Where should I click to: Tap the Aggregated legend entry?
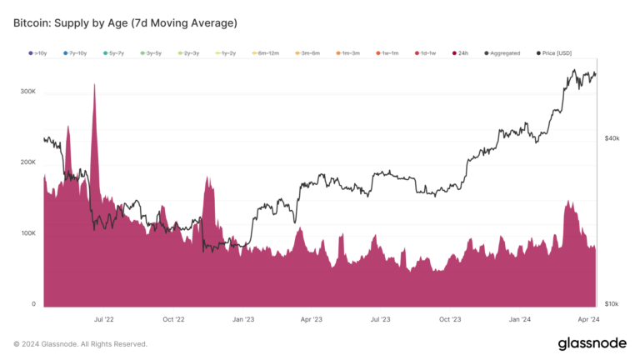[503, 53]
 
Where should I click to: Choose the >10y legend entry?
[39, 53]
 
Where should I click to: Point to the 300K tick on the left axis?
[27, 91]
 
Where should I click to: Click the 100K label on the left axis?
[27, 233]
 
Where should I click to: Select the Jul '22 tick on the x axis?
[104, 319]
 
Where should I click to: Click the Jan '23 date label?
[243, 319]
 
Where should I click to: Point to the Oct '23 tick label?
[450, 319]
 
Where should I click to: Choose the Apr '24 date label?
[589, 319]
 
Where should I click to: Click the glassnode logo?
[592, 343]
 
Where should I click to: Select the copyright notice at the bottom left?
[80, 343]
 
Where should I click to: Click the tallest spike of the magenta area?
[94, 85]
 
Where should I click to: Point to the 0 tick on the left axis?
[33, 304]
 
